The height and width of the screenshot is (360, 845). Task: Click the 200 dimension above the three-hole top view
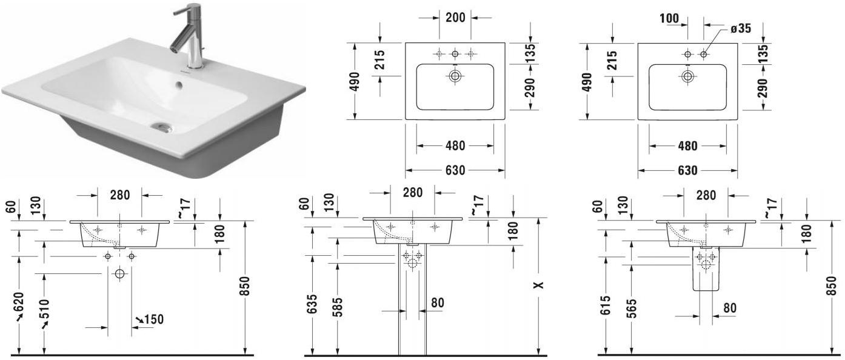tap(455, 18)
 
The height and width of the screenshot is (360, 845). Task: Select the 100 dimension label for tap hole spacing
tap(669, 18)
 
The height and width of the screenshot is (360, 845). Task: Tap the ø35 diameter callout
tap(740, 28)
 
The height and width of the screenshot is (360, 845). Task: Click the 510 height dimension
tap(44, 311)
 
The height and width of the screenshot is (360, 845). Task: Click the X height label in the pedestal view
tap(539, 285)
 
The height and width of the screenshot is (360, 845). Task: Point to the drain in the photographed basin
tap(162, 127)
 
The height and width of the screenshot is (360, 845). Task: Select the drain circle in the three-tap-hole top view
tap(455, 76)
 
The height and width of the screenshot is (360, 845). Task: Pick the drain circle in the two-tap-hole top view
tap(687, 76)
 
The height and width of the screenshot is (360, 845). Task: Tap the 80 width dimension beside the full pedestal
tap(437, 302)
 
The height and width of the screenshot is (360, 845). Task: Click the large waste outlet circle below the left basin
tap(119, 274)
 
